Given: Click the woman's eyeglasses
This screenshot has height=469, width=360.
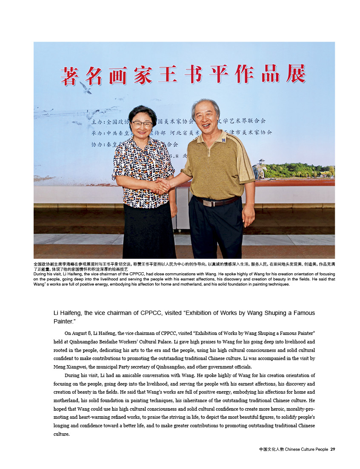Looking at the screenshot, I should (x=142, y=124).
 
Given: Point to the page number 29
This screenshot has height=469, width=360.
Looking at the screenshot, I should (x=333, y=449).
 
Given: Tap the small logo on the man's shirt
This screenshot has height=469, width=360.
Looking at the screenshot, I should (x=224, y=140).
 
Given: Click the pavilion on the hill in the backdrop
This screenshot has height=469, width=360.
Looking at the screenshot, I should (x=261, y=162).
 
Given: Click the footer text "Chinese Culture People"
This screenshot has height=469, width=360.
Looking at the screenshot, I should (x=306, y=449).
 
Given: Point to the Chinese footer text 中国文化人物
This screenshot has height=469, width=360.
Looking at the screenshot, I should (x=271, y=449).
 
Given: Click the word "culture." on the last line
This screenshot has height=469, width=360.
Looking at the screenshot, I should (x=61, y=434).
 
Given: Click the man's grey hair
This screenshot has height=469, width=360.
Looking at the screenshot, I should (x=206, y=105).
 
